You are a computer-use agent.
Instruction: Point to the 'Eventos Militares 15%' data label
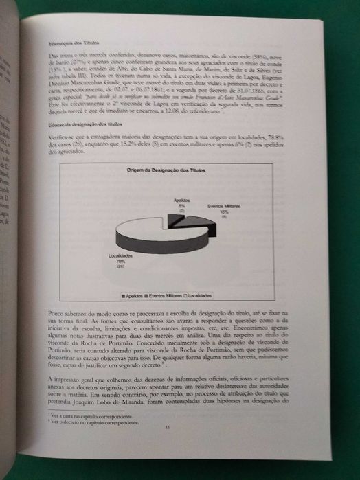(224, 209)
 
